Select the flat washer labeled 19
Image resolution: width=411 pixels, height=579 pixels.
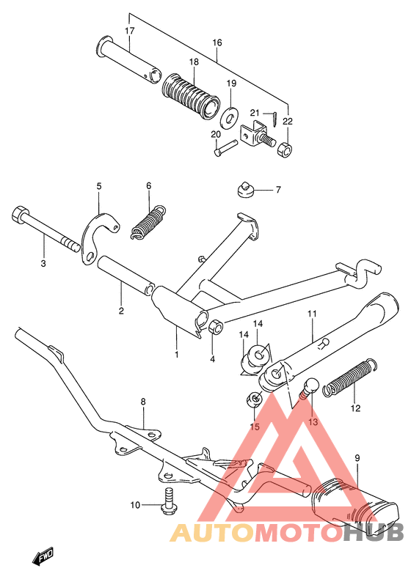(231, 115)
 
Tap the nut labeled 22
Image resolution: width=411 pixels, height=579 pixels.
(286, 150)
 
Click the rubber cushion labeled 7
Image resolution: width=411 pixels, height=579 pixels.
(244, 191)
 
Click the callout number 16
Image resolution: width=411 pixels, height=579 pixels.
(217, 43)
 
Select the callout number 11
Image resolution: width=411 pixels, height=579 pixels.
(311, 314)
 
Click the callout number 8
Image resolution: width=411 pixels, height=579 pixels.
(143, 402)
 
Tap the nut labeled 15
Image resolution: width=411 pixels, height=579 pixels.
(255, 400)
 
